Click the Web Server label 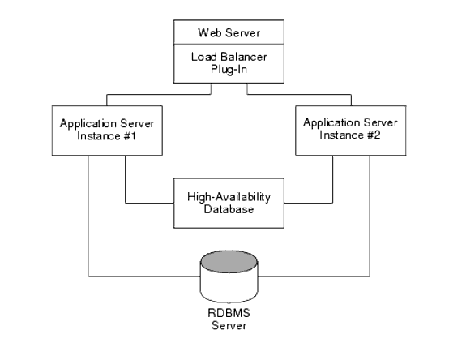[231, 33]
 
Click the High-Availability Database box [229, 203]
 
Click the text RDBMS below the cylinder [229, 317]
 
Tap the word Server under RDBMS [229, 328]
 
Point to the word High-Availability [229, 196]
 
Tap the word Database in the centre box [229, 209]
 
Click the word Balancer [246, 58]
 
